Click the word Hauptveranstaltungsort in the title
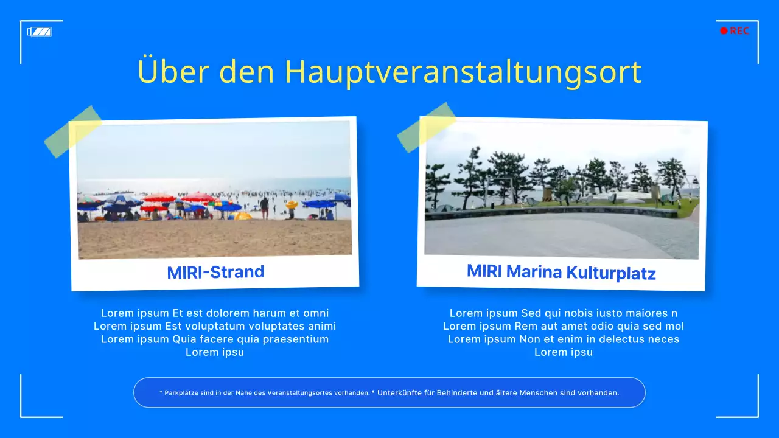pyautogui.click(x=463, y=72)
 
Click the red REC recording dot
pyautogui.click(x=724, y=31)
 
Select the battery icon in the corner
pyautogui.click(x=40, y=32)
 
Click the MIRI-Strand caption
pyautogui.click(x=215, y=272)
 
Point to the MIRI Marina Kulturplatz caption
pyautogui.click(x=561, y=271)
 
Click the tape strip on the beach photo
pyautogui.click(x=73, y=131)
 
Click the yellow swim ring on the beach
pyautogui.click(x=292, y=205)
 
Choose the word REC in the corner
pyautogui.click(x=739, y=31)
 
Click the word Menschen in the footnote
pyautogui.click(x=538, y=393)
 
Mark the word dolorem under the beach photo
pyautogui.click(x=225, y=313)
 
